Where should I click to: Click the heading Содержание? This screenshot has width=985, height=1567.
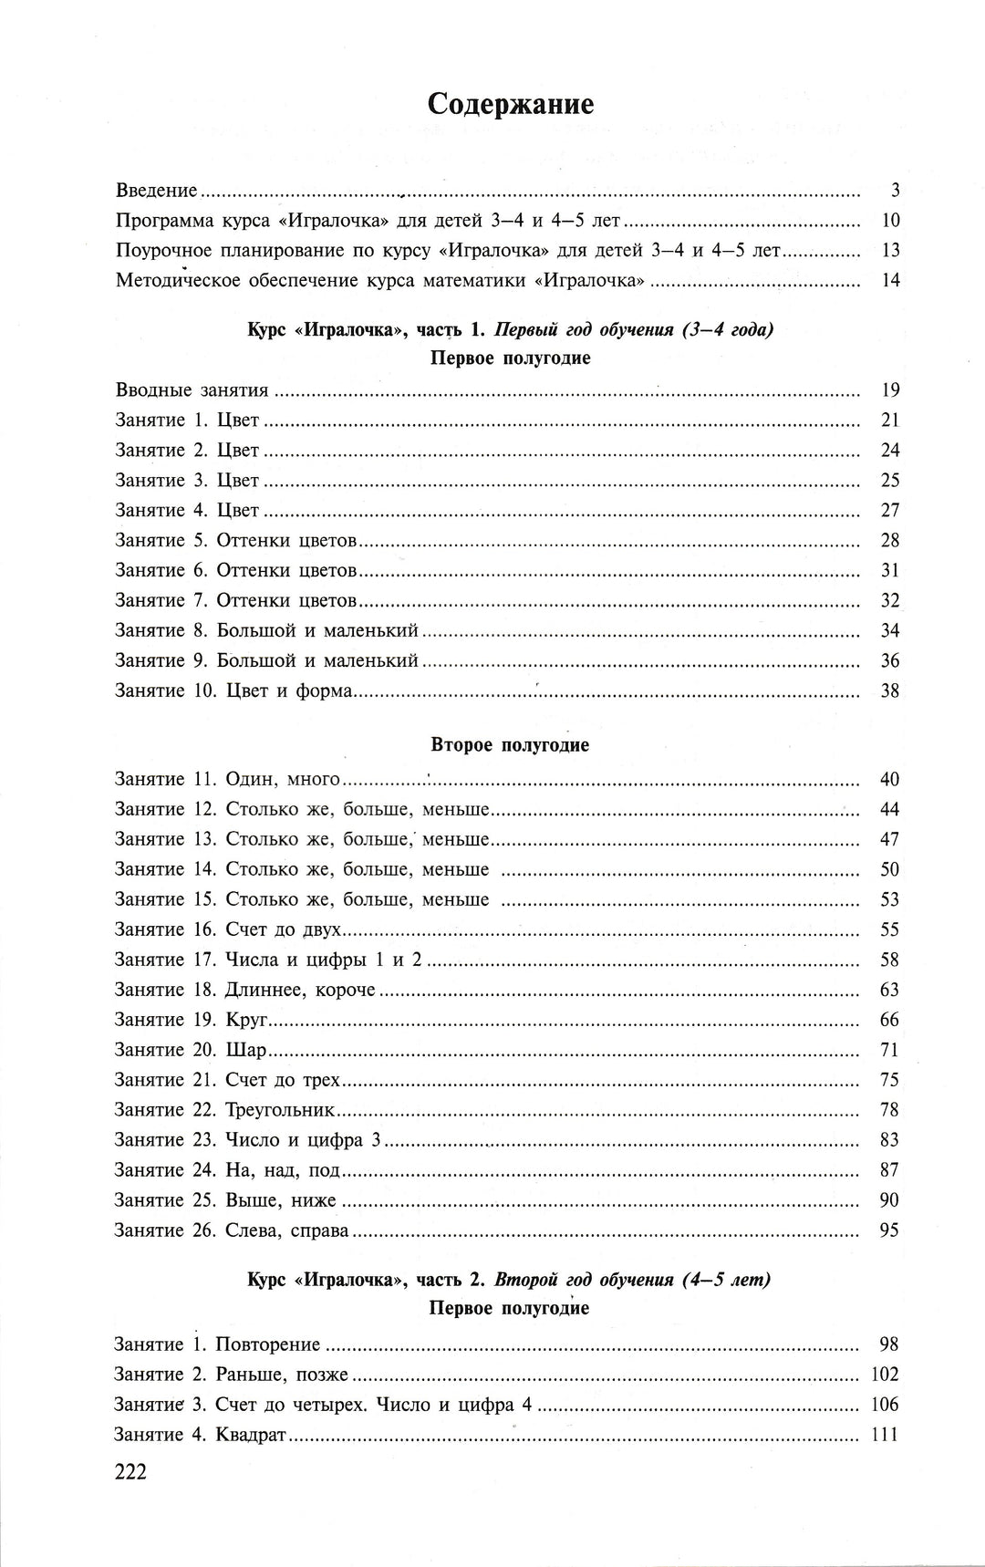click(x=511, y=105)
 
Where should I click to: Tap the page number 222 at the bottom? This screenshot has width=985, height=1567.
click(x=129, y=1471)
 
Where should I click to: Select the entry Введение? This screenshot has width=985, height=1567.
click(x=157, y=191)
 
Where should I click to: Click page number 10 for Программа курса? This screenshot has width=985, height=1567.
click(x=890, y=221)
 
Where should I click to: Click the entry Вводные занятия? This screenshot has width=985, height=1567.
click(x=192, y=390)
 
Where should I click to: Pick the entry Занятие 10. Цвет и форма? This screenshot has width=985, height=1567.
click(x=233, y=690)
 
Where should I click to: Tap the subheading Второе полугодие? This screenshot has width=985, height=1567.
click(x=510, y=745)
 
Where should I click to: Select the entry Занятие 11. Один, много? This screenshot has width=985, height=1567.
click(x=227, y=779)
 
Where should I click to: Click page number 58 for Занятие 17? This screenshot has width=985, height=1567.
click(x=889, y=960)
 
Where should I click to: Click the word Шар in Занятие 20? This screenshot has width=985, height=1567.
click(x=246, y=1050)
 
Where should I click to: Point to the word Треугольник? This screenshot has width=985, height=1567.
click(x=280, y=1110)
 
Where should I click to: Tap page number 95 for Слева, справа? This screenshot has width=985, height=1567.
click(x=889, y=1230)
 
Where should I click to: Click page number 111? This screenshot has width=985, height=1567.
click(x=885, y=1435)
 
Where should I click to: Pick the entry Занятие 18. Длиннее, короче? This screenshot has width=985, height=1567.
click(x=245, y=990)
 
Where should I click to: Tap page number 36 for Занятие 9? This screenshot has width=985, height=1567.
click(x=889, y=660)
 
